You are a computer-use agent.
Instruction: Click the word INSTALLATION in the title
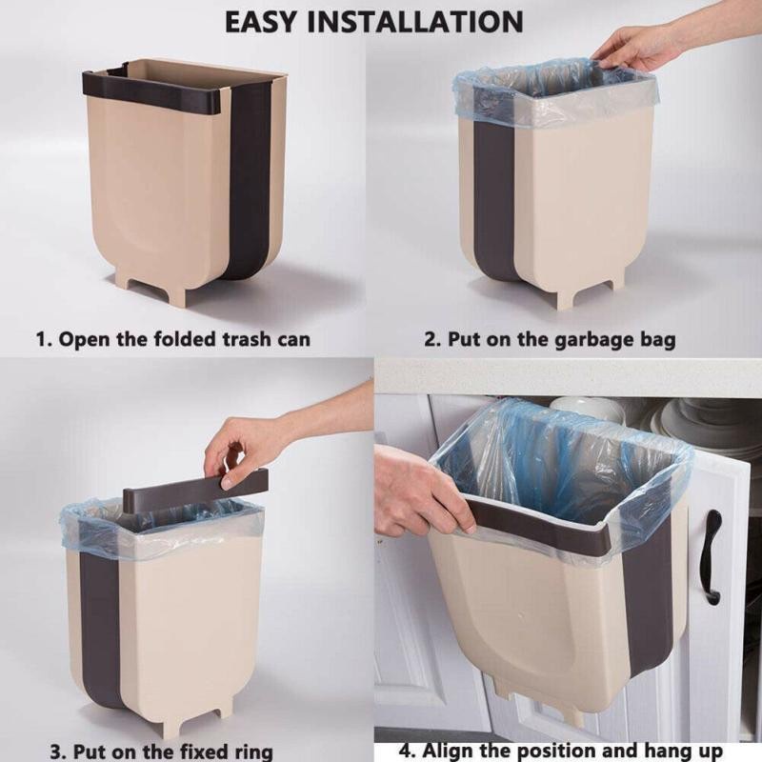click(x=426, y=22)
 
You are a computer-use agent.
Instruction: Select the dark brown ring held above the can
click(x=195, y=487)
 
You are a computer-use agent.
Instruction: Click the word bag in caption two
click(x=657, y=339)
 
